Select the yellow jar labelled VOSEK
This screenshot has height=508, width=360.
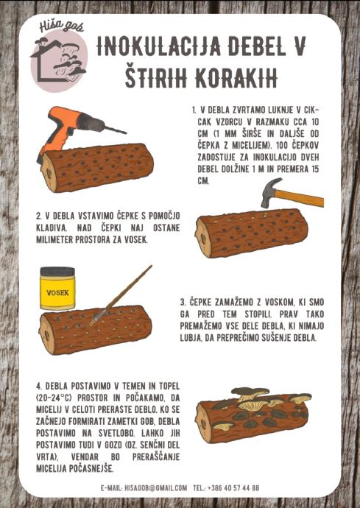point(57,288)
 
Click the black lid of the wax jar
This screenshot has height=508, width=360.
point(57,271)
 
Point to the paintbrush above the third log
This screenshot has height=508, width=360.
point(121,295)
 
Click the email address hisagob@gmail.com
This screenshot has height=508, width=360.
point(155,487)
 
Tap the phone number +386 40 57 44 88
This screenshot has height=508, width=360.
point(233,487)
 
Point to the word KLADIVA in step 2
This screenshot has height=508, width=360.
point(52,227)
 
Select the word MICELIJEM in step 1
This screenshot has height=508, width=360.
point(252,145)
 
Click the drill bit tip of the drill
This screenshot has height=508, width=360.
point(126,133)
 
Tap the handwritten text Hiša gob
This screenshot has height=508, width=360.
point(62,27)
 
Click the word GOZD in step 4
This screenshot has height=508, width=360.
point(113,445)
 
